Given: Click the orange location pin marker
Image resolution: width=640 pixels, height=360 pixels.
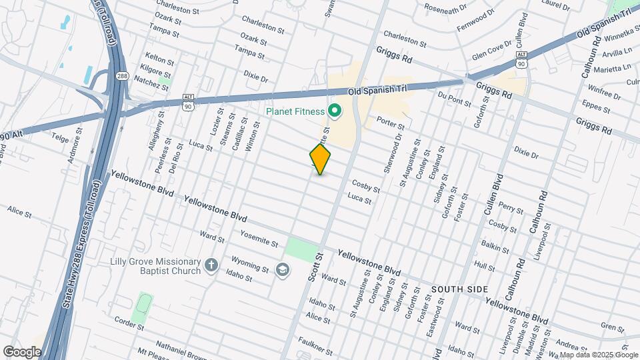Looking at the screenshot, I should [x=321, y=159].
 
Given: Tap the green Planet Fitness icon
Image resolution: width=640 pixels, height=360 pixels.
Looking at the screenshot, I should [x=335, y=111].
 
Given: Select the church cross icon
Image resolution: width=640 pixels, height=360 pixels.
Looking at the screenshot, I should [x=211, y=266].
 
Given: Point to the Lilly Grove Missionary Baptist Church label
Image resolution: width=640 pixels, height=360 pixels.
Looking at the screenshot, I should [x=156, y=266].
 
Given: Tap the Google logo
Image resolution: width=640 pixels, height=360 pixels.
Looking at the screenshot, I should [x=22, y=352].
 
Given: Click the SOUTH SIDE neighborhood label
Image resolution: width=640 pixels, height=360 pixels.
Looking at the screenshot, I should [x=459, y=289].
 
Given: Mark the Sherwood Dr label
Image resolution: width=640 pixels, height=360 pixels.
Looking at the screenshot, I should [x=392, y=156].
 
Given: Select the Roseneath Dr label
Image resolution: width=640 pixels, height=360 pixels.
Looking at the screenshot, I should [x=446, y=9].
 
